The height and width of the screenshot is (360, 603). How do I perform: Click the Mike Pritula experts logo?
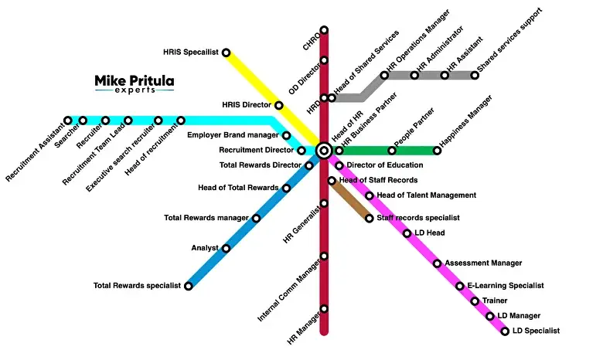pyautogui.click(x=135, y=83)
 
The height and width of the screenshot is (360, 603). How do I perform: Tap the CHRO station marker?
pyautogui.click(x=324, y=31)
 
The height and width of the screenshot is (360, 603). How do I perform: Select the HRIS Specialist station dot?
pyautogui.click(x=226, y=53)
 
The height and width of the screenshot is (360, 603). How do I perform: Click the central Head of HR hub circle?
pyautogui.click(x=324, y=151)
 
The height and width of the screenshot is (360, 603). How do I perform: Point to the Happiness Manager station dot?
pyautogui.click(x=437, y=151)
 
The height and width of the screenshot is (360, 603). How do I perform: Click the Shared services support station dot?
pyautogui.click(x=474, y=75)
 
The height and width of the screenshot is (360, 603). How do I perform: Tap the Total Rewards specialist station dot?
pyautogui.click(x=188, y=286)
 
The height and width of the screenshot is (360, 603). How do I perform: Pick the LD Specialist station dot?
pyautogui.click(x=505, y=331)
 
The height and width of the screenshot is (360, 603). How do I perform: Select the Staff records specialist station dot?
pyautogui.click(x=369, y=219)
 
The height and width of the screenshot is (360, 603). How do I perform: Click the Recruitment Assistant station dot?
pyautogui.click(x=68, y=121)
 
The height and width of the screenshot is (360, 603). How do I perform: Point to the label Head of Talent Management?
pyautogui.click(x=426, y=195)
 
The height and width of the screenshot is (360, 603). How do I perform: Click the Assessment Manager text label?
pyautogui.click(x=483, y=263)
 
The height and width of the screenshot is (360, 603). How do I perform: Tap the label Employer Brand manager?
pyautogui.click(x=233, y=135)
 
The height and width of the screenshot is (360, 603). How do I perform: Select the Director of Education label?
pyautogui.click(x=384, y=165)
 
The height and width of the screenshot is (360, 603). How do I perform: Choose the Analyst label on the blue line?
pyautogui.click(x=205, y=248)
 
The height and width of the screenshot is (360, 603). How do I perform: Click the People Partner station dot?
pyautogui.click(x=392, y=151)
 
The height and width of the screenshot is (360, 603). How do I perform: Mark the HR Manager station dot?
pyautogui.click(x=324, y=309)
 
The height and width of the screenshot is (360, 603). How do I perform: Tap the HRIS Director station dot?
pyautogui.click(x=279, y=105)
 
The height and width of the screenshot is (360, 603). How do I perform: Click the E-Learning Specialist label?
pyautogui.click(x=506, y=286)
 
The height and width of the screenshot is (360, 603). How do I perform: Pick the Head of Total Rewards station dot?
pyautogui.click(x=286, y=188)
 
